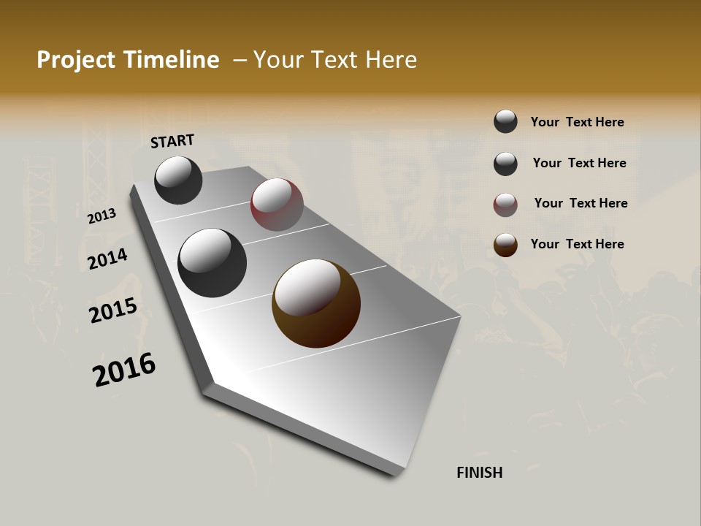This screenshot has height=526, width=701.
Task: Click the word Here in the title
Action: point(391,60)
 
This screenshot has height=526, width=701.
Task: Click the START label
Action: point(172,141)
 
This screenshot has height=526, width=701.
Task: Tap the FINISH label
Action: point(479,473)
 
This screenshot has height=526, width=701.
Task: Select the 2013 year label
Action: point(101,216)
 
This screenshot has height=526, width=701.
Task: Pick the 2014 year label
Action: point(108,259)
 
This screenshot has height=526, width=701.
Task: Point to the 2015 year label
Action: point(113,310)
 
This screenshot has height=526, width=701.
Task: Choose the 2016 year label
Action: point(124,370)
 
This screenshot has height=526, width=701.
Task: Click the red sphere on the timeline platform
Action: point(277,205)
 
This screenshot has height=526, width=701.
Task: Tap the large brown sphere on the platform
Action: point(316,303)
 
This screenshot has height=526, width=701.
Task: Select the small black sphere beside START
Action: point(178,180)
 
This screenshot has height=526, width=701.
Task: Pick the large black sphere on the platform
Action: point(212,263)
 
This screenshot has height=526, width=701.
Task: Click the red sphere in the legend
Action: point(505,205)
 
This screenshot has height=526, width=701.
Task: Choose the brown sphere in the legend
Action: point(505,245)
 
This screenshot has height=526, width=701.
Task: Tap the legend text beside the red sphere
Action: point(581,203)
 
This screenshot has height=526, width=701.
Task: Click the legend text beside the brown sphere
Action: point(577,244)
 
